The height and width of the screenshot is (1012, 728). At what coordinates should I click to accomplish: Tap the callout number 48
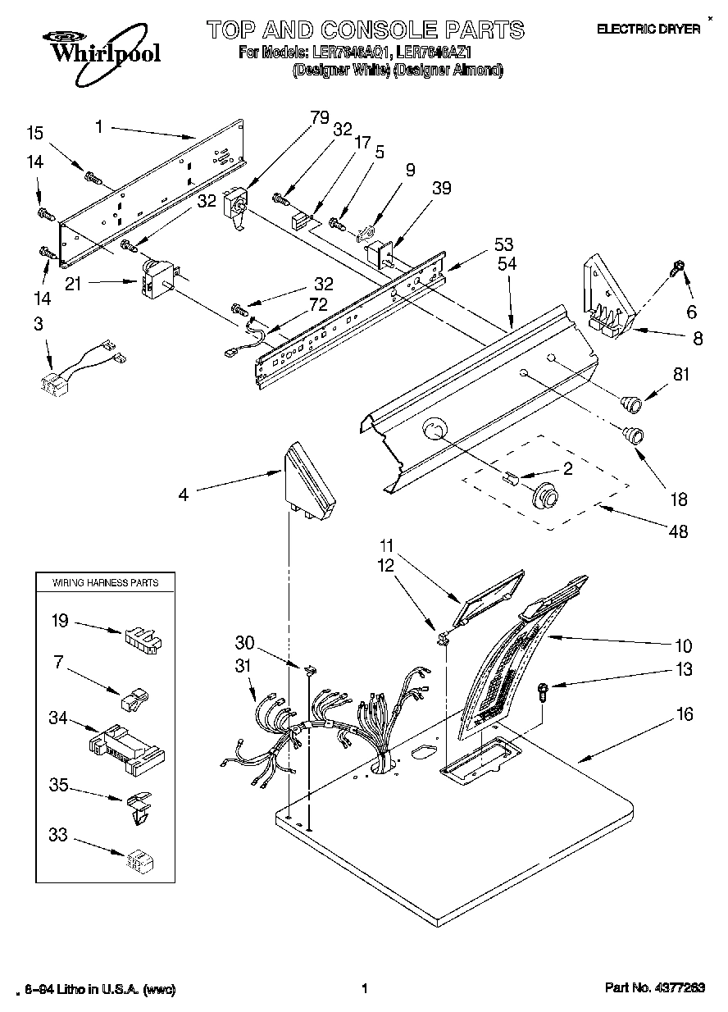point(677,531)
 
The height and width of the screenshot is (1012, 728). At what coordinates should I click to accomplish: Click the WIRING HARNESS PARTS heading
point(106,582)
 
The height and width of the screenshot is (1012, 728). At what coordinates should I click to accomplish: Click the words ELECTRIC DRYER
point(648,30)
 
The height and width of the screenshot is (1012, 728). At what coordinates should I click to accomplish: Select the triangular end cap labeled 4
point(309,483)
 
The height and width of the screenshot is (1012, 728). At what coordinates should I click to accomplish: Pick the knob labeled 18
point(633,434)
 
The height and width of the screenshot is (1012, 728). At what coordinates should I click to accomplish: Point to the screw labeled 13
point(543,691)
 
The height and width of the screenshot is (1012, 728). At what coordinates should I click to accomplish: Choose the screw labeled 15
point(92,175)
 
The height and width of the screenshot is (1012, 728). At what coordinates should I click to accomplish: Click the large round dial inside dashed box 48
point(545,497)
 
